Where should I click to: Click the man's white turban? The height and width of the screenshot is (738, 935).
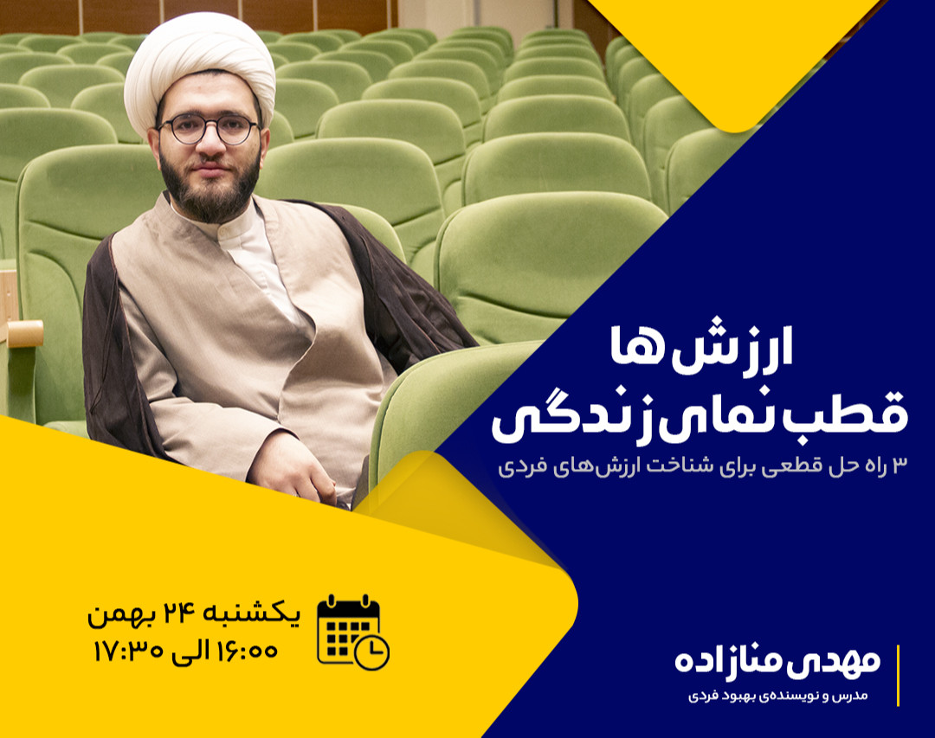click(199, 65)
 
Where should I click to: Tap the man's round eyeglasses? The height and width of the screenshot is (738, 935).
click(209, 129)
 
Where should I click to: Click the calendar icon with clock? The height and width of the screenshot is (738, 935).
click(351, 632)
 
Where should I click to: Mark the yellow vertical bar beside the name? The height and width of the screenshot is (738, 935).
click(898, 675)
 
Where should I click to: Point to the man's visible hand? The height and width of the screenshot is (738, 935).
click(294, 467)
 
